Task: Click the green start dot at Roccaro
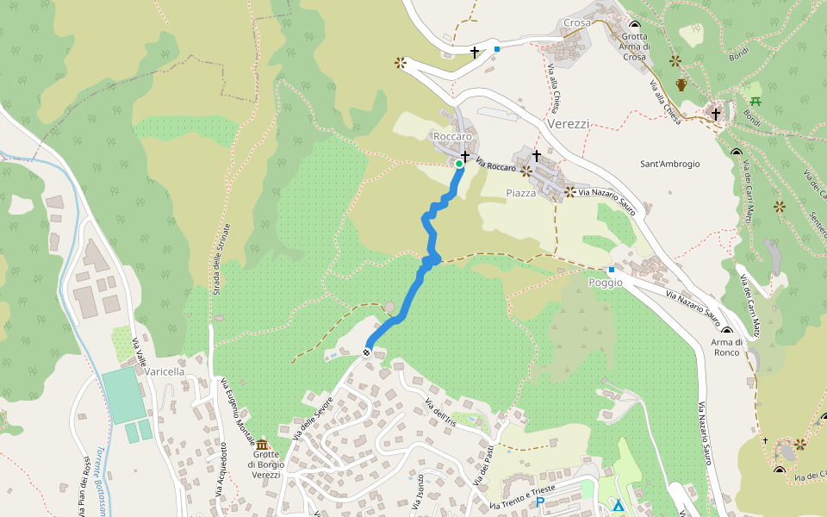pyautogui.click(x=459, y=164)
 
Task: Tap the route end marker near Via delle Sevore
pyautogui.click(x=368, y=351)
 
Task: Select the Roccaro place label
pyautogui.click(x=452, y=137)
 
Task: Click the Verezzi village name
pyautogui.click(x=569, y=124)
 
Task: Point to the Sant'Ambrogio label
pyautogui.click(x=670, y=164)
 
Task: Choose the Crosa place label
pyautogui.click(x=577, y=22)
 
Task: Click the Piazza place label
pyautogui.click(x=521, y=194)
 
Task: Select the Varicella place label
pyautogui.click(x=165, y=371)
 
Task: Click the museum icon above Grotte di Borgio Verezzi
pyautogui.click(x=262, y=444)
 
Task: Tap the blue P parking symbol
pyautogui.click(x=540, y=502)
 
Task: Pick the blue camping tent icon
pyautogui.click(x=618, y=505)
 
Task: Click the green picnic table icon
pyautogui.click(x=755, y=102)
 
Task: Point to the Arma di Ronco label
pyautogui.click(x=726, y=347)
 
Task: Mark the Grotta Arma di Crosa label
pyautogui.click(x=634, y=47)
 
